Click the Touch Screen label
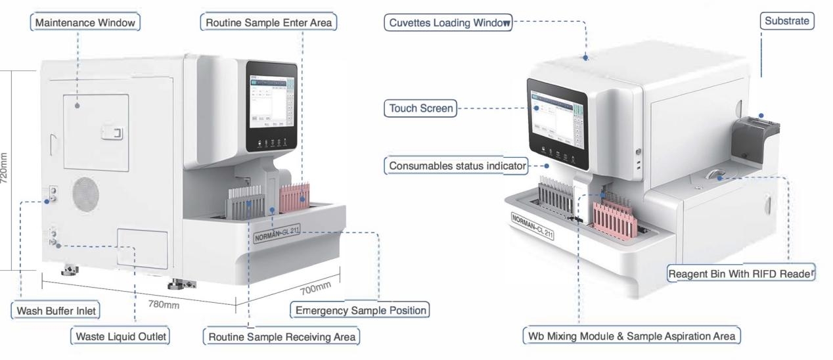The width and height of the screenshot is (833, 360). [x=420, y=108]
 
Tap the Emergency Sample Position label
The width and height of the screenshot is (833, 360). [x=361, y=310]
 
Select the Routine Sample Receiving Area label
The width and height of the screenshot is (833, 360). [x=281, y=338]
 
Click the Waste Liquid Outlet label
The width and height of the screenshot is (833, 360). [x=119, y=337]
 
